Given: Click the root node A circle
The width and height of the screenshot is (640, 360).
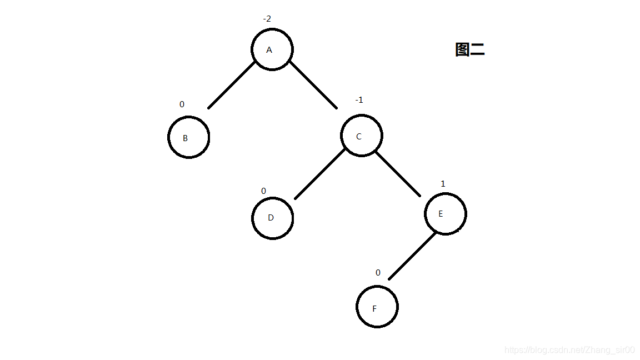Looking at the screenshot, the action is [x=272, y=49].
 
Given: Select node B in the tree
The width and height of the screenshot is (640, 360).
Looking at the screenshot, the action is [x=188, y=137].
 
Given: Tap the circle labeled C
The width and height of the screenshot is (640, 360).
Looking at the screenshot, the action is [x=361, y=136].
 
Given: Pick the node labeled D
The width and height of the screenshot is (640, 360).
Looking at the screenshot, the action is [x=272, y=218].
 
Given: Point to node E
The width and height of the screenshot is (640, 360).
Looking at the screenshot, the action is [x=445, y=214].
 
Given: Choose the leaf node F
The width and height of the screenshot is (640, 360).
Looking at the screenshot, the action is [x=377, y=307].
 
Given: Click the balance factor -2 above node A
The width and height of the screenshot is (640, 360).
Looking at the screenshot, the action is [x=267, y=19].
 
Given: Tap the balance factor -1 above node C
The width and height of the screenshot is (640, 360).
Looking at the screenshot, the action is [x=359, y=100].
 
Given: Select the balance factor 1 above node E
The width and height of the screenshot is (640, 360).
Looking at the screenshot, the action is [x=443, y=184].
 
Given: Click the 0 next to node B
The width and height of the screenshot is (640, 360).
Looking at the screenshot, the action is [x=182, y=104].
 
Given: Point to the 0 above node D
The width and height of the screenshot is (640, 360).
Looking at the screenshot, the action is [x=263, y=191].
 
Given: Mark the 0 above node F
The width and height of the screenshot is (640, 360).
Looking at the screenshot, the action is [x=378, y=273].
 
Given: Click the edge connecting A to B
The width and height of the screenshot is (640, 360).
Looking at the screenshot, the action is [x=232, y=84].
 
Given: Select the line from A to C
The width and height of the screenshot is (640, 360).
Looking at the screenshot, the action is [x=313, y=84].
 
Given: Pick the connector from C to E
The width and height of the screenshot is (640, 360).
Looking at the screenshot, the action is [x=398, y=174].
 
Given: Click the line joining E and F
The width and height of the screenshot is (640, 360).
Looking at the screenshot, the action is [x=412, y=256].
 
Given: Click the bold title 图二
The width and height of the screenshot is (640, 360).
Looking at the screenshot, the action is [x=469, y=50].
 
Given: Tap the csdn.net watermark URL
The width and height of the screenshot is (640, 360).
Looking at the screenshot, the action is [x=569, y=350].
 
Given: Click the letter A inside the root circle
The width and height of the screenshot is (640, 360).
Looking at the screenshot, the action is [x=269, y=50].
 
